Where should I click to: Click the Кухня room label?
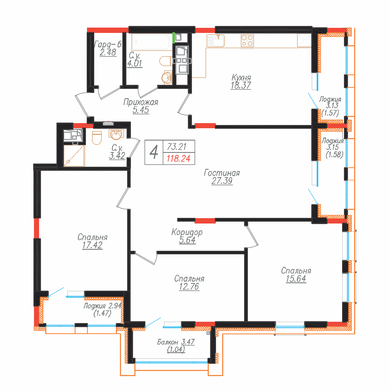[x=241, y=78]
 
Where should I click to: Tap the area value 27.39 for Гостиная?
[x=222, y=181]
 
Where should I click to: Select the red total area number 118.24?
[x=178, y=159]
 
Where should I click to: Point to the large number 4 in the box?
[x=154, y=152]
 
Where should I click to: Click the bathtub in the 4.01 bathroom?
[x=150, y=42]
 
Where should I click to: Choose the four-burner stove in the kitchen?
[x=247, y=41]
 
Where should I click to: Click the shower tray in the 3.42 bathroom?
[x=74, y=156]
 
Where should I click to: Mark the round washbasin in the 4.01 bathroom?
[x=167, y=78]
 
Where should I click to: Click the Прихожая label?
[x=141, y=102]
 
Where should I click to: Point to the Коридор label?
[x=187, y=232]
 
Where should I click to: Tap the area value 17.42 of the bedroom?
[x=92, y=245]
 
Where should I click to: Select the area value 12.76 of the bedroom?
[x=189, y=287]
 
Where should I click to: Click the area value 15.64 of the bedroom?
[x=296, y=279]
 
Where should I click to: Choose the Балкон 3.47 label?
[x=176, y=342]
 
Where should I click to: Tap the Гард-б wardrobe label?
[x=108, y=44]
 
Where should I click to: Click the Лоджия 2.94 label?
[x=103, y=306]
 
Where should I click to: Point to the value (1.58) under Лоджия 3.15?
[x=334, y=154]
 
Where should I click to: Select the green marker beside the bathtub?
[x=174, y=38]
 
